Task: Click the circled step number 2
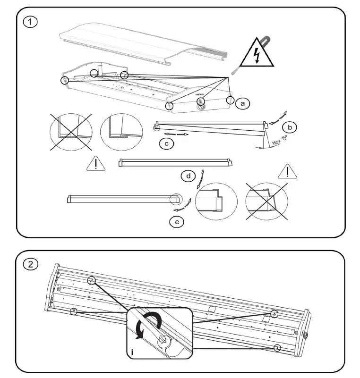[31, 264]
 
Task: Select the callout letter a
[242, 103]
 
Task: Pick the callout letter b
[290, 128]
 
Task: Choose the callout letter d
[189, 176]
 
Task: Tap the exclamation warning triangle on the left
[96, 164]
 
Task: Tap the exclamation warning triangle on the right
[287, 171]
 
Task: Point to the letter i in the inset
[133, 352]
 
